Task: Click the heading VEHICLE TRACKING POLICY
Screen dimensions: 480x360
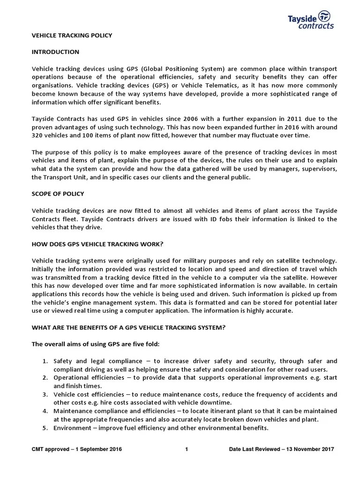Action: point(72,35)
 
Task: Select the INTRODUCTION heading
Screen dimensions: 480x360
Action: point(55,52)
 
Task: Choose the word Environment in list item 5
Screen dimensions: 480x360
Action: point(72,427)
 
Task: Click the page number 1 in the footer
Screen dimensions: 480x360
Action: point(187,450)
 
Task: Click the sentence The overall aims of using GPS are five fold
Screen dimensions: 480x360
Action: point(96,344)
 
